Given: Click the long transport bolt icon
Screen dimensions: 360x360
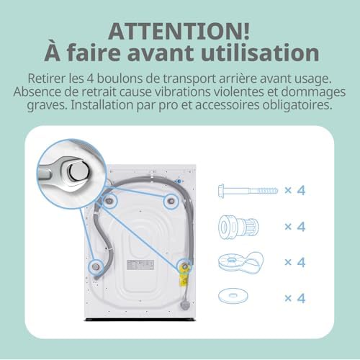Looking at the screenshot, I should (244, 191).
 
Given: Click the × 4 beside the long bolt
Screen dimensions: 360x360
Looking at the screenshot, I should (294, 191).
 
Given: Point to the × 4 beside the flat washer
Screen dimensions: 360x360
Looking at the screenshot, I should (294, 297).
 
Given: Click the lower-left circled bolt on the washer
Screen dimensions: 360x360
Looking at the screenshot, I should (94, 266).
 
